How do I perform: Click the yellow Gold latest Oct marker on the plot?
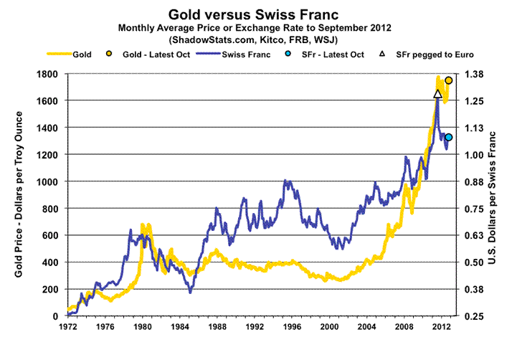coord(449,80)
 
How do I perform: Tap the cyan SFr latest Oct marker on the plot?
coord(449,138)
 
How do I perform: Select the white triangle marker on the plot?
coord(438,94)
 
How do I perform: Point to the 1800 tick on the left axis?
coord(47,74)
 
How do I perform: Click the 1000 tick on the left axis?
coord(47,181)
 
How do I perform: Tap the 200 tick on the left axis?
coord(50,289)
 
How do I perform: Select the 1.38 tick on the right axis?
coord(475,74)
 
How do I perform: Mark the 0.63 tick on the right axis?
coord(475,235)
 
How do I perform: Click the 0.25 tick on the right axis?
coord(475,316)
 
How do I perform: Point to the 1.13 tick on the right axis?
coord(475,128)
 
